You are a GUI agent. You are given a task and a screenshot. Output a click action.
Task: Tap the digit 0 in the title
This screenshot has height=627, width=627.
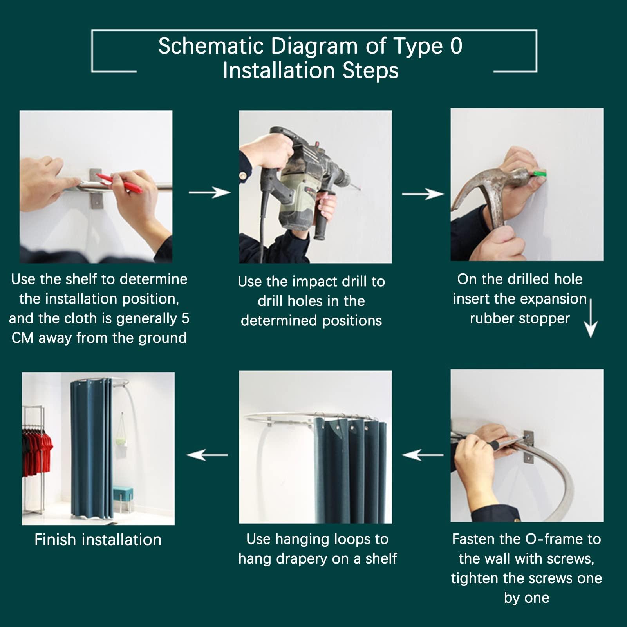[456, 46]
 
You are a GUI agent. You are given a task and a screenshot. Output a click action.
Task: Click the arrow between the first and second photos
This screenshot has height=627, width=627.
[210, 192]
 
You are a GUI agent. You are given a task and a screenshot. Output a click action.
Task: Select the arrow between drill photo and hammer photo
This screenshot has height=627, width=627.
[423, 193]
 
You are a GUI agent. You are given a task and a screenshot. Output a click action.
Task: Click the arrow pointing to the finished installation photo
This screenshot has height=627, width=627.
[207, 455]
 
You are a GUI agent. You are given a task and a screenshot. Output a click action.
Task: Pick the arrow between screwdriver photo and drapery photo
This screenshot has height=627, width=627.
[423, 455]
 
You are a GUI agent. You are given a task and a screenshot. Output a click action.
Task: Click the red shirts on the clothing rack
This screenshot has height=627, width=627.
[38, 446]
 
